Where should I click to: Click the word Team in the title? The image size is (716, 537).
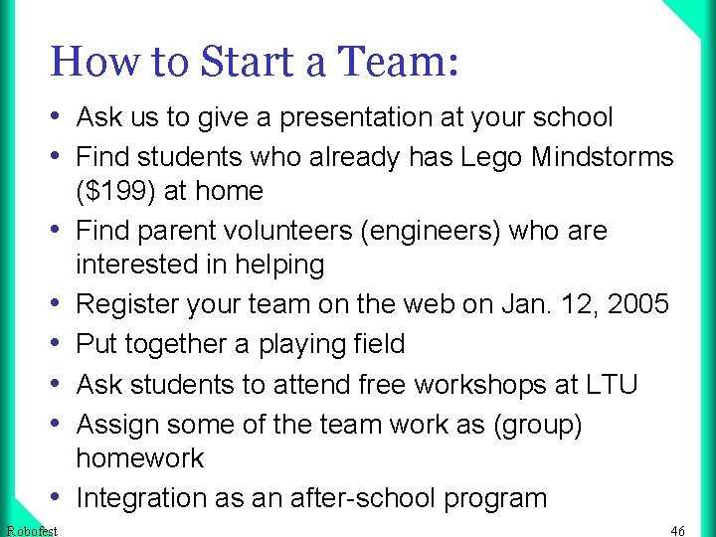(x=399, y=62)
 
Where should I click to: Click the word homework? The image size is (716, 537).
(x=140, y=458)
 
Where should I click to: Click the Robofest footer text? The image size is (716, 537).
(x=31, y=531)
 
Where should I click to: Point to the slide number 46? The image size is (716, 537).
(x=678, y=531)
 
